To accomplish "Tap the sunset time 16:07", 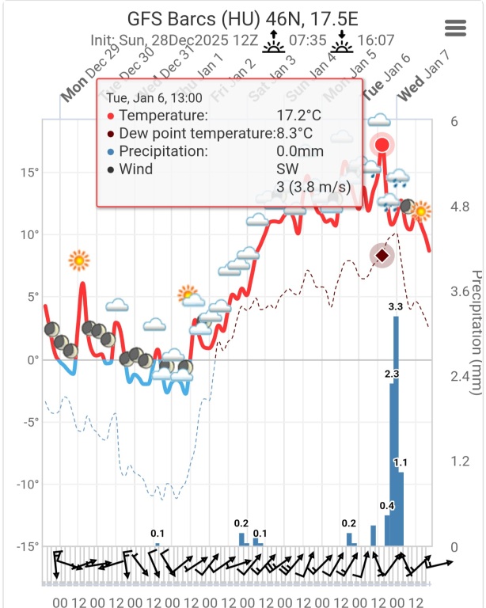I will [x=379, y=40].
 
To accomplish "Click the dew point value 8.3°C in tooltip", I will [x=294, y=134].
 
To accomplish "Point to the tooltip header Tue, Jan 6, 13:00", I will [x=154, y=98].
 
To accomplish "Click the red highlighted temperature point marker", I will [x=382, y=145].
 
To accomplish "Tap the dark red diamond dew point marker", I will [x=382, y=255].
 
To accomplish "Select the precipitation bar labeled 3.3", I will [x=397, y=431].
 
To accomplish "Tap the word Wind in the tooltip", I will [x=136, y=169].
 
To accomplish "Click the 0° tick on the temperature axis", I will [x=32, y=359].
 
